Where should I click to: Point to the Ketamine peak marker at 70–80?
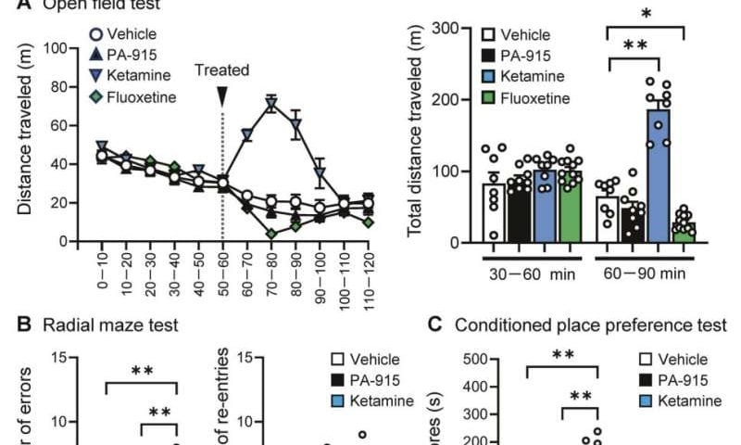pyautogui.click(x=270, y=103)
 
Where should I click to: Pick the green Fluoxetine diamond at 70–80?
pyautogui.click(x=270, y=234)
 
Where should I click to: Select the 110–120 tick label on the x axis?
pyautogui.click(x=368, y=268)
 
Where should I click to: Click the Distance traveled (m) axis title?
pyautogui.click(x=26, y=145)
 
